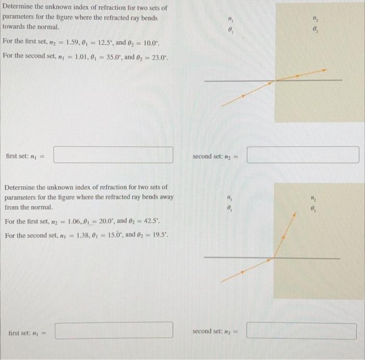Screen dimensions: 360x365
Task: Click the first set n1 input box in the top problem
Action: [x=113, y=155]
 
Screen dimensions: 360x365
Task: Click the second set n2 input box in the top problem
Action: [x=302, y=155]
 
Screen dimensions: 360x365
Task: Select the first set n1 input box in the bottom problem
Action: [x=113, y=330]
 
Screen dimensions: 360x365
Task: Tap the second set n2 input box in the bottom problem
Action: [x=302, y=330]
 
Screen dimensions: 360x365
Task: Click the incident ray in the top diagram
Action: [x=245, y=94]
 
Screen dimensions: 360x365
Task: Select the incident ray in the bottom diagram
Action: [x=245, y=270]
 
